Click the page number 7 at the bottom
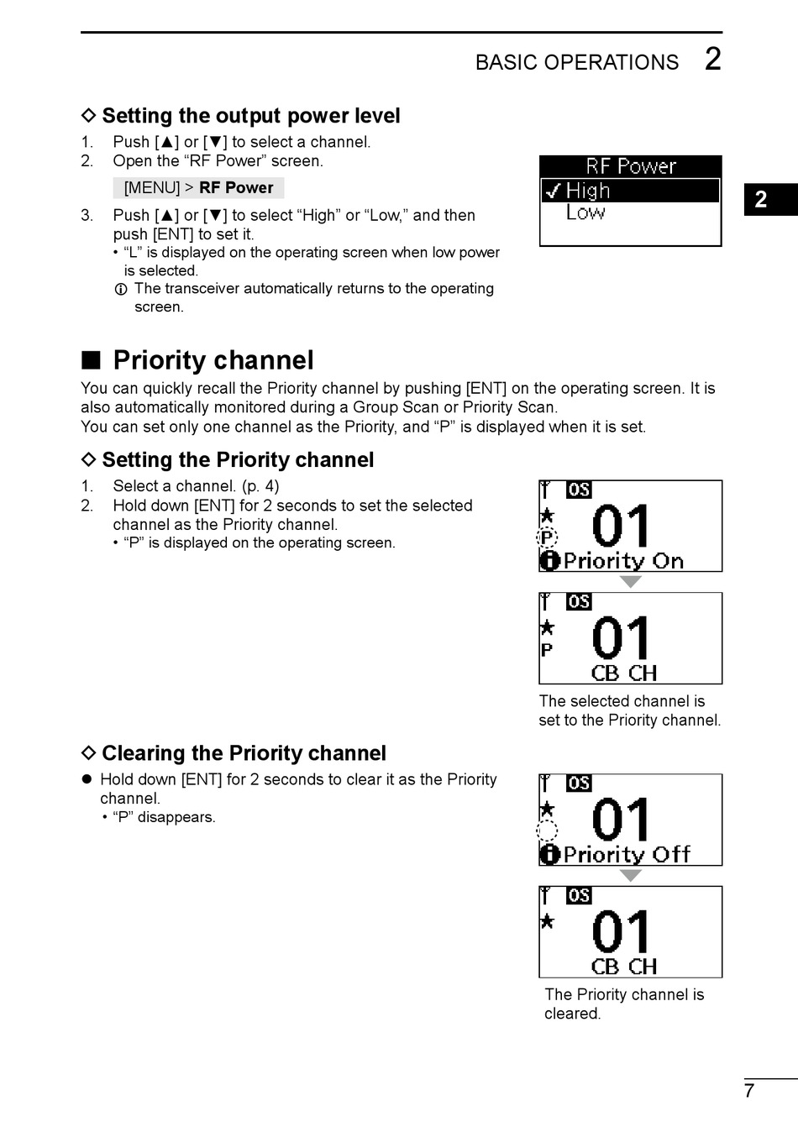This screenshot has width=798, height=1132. tap(749, 1091)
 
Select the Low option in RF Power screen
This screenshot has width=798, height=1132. tap(585, 212)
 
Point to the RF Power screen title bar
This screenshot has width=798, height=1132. tap(630, 166)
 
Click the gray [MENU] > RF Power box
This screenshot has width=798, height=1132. tap(198, 187)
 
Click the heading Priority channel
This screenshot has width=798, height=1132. tap(213, 360)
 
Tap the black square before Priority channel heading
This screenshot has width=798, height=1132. tap(91, 360)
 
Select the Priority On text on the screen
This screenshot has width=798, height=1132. tap(623, 561)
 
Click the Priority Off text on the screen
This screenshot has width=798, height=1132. tap(627, 855)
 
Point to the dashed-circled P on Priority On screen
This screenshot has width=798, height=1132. tap(547, 538)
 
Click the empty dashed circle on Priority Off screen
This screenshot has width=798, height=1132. tap(547, 831)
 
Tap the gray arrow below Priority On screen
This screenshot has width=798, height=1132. tap(630, 581)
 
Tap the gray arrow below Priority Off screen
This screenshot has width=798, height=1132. tap(630, 875)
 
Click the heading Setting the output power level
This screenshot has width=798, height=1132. tap(250, 116)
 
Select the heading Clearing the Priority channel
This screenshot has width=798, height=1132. tap(244, 753)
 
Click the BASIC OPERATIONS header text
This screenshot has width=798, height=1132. tap(577, 63)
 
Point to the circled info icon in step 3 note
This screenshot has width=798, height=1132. tap(121, 290)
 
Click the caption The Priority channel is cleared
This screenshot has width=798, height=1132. tap(623, 1004)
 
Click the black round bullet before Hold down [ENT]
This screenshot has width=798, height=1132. tap(86, 779)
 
